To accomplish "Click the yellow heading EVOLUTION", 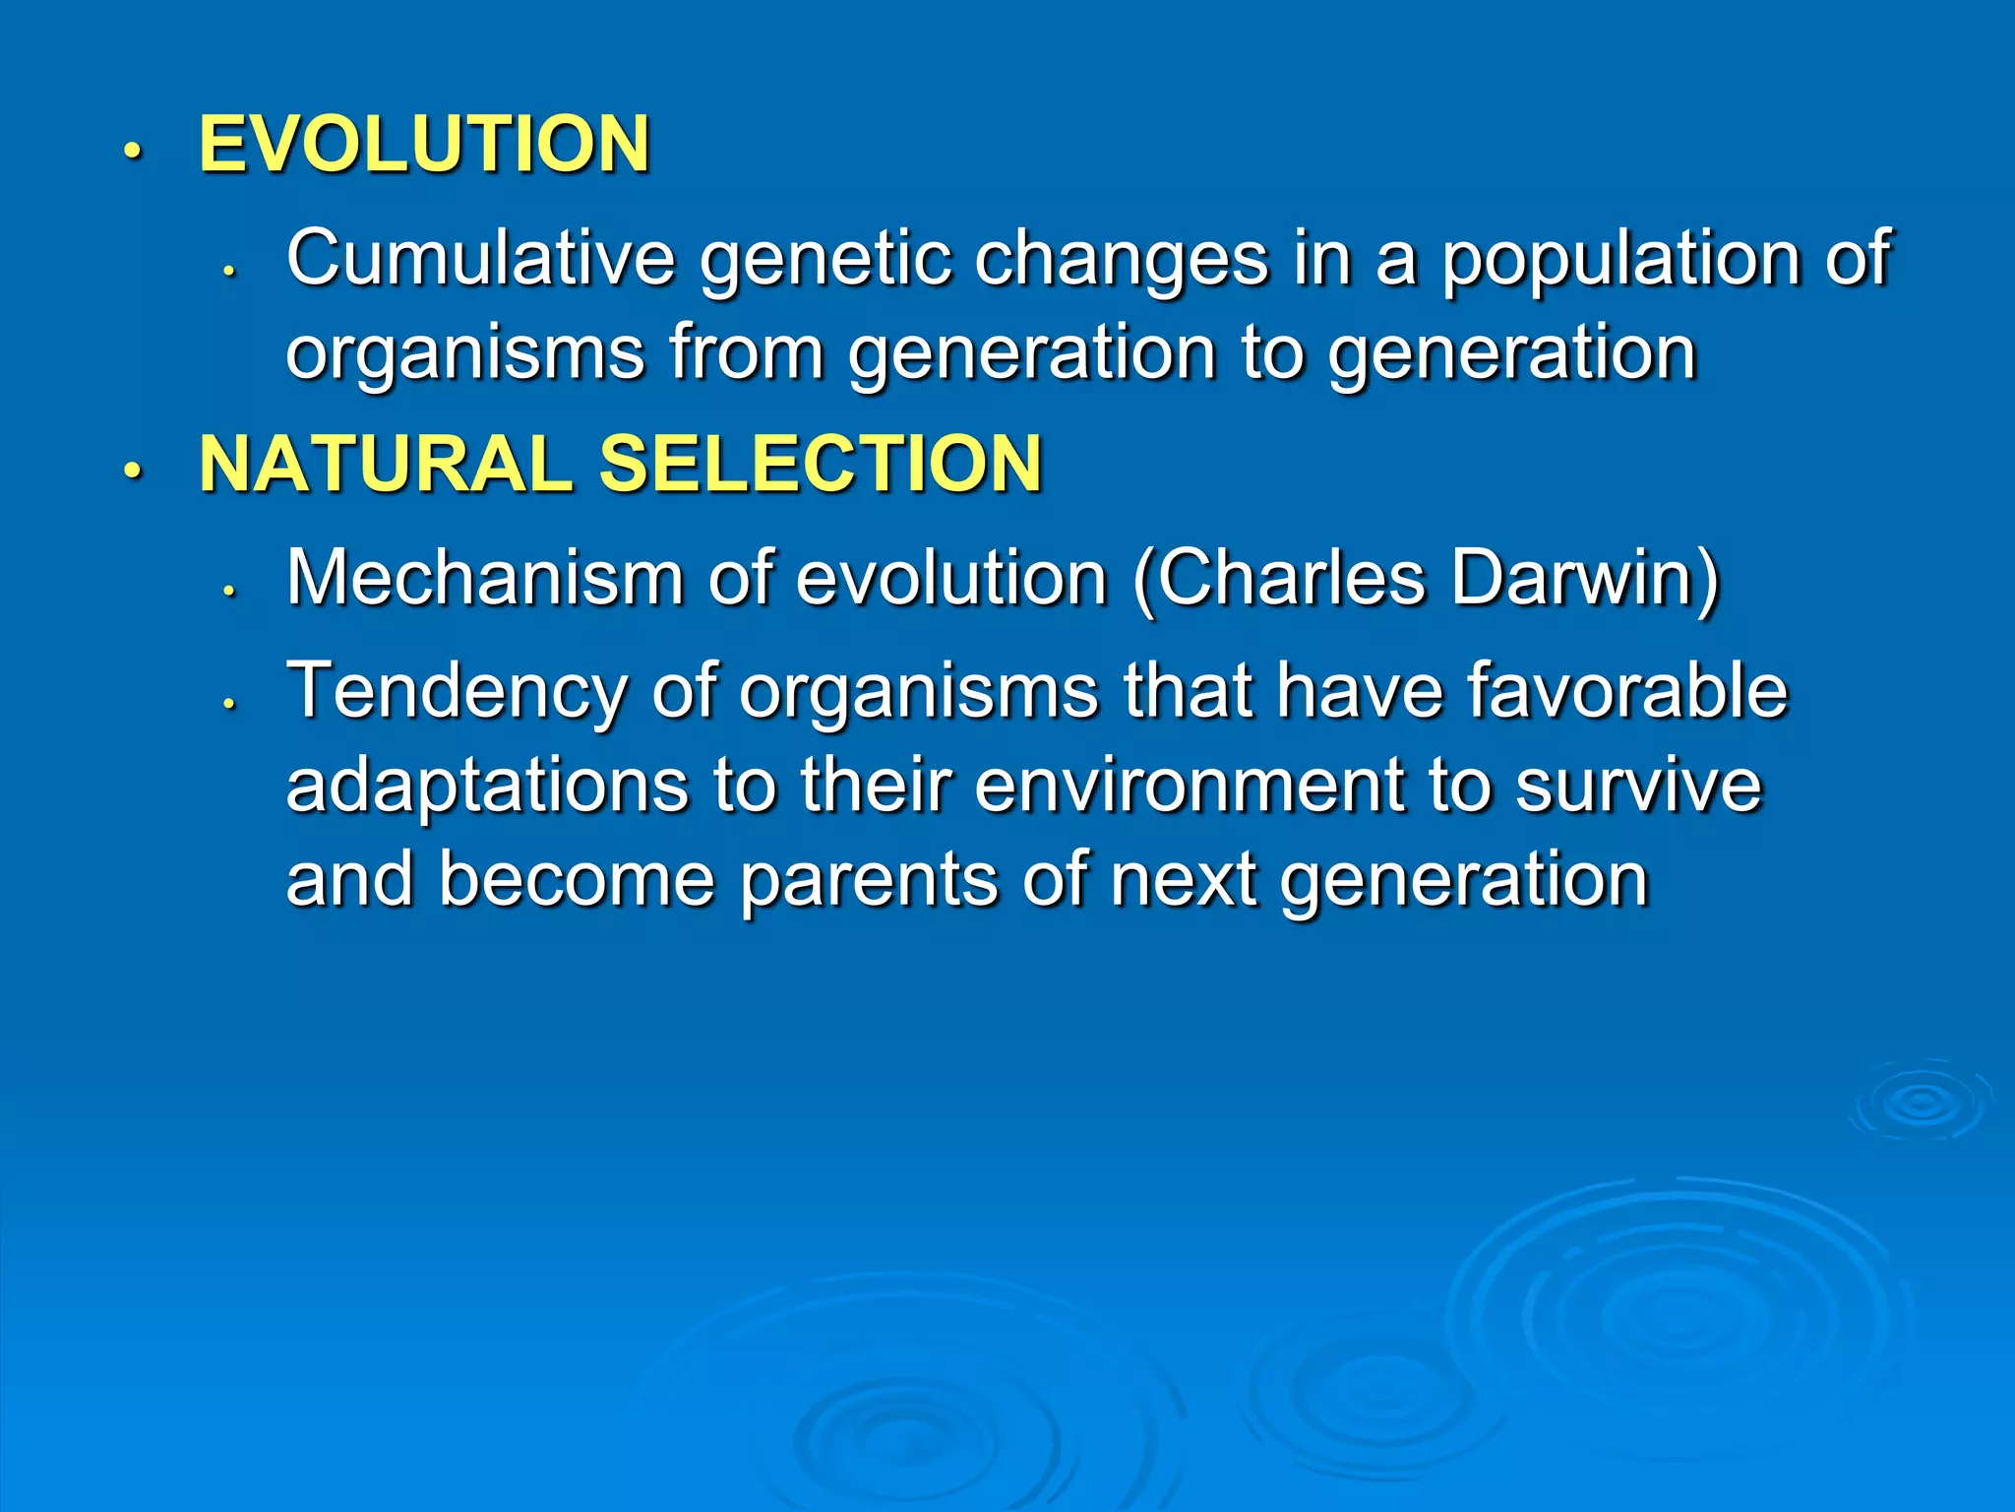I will [424, 145].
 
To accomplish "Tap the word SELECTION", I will [820, 464].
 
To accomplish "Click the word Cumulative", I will [480, 258].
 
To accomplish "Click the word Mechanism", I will [484, 578].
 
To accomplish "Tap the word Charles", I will [1289, 578].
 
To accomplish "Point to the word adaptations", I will [487, 787].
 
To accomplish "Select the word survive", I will [1638, 787].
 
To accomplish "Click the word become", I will [576, 879].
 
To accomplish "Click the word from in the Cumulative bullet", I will [746, 352].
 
